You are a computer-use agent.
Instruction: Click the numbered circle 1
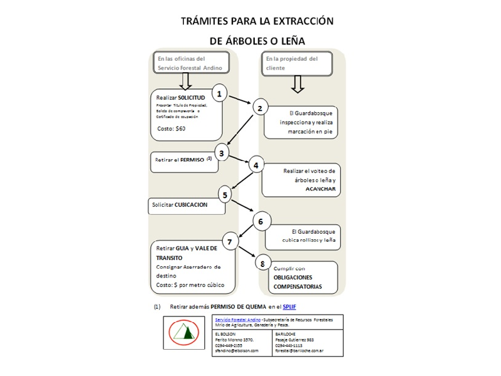click(x=219, y=94)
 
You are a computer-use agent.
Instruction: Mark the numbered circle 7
click(x=231, y=241)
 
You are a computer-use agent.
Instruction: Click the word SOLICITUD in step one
click(x=192, y=98)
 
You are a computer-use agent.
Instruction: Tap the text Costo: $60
click(x=171, y=128)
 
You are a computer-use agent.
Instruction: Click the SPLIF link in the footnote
click(x=289, y=306)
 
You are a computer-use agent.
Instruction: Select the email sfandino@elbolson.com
click(x=236, y=350)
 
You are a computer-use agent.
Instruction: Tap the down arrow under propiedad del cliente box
click(x=297, y=83)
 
